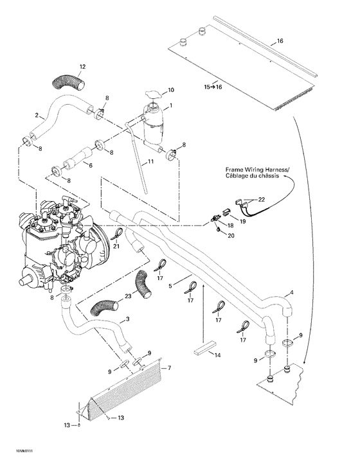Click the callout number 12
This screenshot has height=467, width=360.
click(x=82, y=67)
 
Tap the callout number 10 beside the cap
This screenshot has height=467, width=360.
click(x=170, y=89)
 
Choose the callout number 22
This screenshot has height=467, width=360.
click(x=261, y=200)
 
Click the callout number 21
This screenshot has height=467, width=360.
click(x=117, y=246)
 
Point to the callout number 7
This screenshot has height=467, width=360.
click(x=169, y=368)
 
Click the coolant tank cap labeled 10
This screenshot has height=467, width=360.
click(x=154, y=96)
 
